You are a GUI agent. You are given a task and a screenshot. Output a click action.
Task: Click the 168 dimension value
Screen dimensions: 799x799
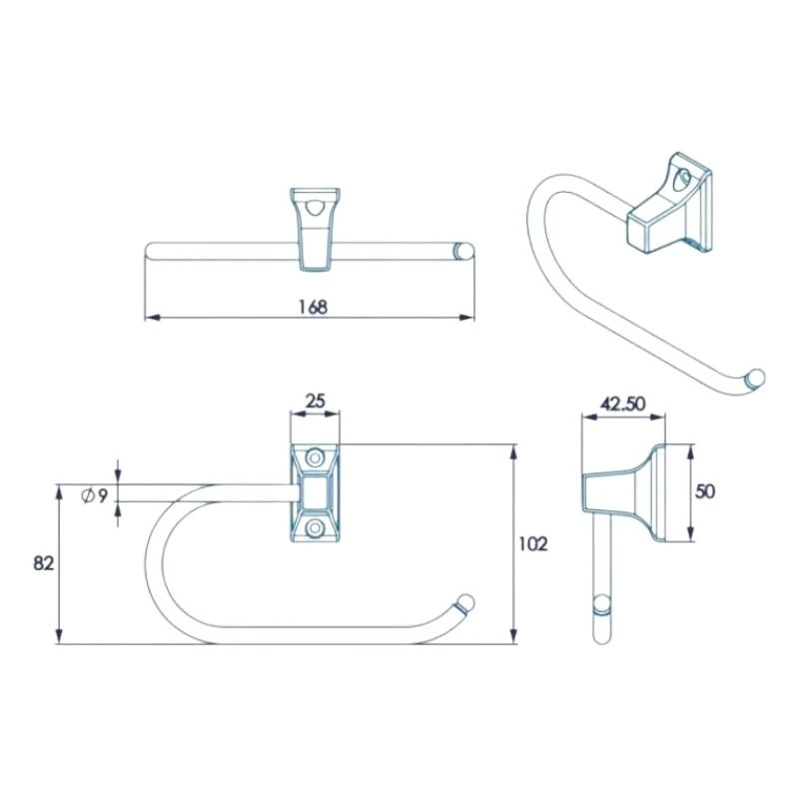click(313, 307)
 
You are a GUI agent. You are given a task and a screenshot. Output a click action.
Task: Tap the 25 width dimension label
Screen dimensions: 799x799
click(315, 401)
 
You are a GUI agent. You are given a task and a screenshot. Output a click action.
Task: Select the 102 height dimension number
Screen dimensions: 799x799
click(534, 544)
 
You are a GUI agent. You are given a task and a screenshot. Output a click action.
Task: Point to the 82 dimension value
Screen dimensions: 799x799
click(43, 563)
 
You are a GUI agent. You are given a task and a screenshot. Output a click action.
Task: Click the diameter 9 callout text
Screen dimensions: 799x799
click(97, 494)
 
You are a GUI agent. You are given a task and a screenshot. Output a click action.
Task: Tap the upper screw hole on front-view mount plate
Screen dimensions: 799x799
click(316, 458)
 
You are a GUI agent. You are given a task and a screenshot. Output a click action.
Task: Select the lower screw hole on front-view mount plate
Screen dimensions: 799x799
click(316, 526)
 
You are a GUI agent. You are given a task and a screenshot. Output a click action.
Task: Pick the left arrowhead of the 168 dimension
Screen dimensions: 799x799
click(151, 319)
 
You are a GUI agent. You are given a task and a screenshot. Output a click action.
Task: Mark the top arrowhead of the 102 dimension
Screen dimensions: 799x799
click(513, 449)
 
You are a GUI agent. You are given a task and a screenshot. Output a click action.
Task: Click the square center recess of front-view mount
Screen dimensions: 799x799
click(316, 492)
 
